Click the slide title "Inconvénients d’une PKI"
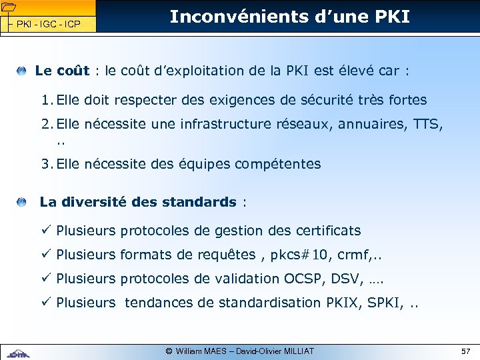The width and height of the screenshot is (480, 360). click(x=289, y=17)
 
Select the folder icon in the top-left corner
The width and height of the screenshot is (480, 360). click(x=9, y=8)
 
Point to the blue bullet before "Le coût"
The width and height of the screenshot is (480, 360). click(x=23, y=70)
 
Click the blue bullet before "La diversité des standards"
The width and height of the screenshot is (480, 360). click(x=23, y=201)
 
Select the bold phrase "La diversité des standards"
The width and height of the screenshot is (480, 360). click(x=138, y=201)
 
